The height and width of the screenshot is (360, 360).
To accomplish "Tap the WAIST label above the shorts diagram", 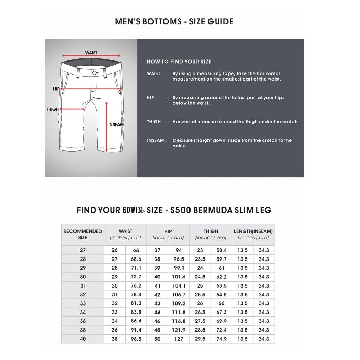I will tap(91, 53).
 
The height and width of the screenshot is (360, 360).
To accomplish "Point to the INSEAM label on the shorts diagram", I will tap(116, 125).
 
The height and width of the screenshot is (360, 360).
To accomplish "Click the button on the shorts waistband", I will tap(95, 73).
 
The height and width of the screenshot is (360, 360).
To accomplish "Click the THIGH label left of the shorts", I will tap(52, 109).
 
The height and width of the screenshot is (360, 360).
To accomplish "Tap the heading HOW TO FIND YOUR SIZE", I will tap(179, 62).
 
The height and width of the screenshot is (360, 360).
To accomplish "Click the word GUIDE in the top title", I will tap(220, 21).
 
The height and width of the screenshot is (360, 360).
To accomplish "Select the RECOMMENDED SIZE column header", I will tap(83, 234).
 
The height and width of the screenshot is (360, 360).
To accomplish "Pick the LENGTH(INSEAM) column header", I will tap(253, 234).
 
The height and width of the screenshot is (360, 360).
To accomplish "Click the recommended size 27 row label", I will tap(83, 250).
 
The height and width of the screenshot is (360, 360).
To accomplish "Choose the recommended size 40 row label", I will tap(83, 339).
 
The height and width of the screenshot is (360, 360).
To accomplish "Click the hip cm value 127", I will tap(179, 339).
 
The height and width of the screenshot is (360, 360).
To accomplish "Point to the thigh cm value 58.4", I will tap(221, 250).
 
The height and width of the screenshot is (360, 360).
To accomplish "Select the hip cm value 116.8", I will tap(179, 321).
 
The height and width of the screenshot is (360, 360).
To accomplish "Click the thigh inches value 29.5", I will tap(200, 339).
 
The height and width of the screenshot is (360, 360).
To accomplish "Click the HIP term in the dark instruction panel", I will tap(150, 98).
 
